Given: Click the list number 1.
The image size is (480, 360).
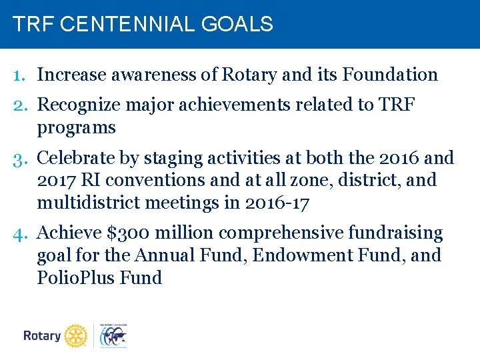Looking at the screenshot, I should coord(19,75).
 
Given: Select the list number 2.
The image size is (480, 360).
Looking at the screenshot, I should coord(19,106).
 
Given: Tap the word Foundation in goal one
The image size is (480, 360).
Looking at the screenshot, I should coord(390,75).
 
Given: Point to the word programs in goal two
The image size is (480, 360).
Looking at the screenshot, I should coord(76,128).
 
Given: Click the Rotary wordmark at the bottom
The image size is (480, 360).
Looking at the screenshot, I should coord(42,336).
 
